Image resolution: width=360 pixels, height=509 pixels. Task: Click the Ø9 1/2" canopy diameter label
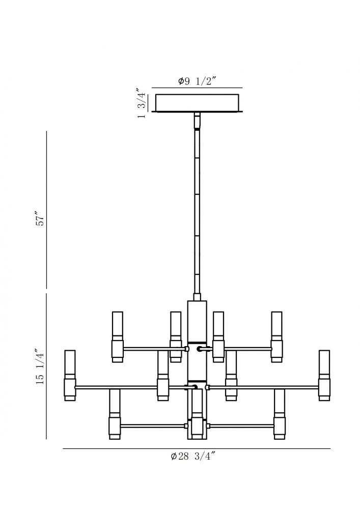(x=197, y=81)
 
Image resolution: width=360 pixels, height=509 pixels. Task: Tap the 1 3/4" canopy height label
(x=142, y=103)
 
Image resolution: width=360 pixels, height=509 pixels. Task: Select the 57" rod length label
(x=41, y=219)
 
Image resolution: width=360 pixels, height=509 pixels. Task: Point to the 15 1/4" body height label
(x=40, y=367)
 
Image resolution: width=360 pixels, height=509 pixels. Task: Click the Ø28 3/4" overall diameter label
(x=193, y=456)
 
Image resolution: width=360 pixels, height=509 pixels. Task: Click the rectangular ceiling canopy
(x=197, y=103)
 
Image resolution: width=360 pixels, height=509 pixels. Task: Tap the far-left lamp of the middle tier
(x=70, y=375)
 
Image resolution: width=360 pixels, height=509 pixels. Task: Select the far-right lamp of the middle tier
(x=324, y=375)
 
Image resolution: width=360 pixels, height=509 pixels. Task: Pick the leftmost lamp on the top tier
(x=118, y=337)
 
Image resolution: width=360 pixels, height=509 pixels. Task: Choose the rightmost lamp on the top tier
(x=277, y=337)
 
